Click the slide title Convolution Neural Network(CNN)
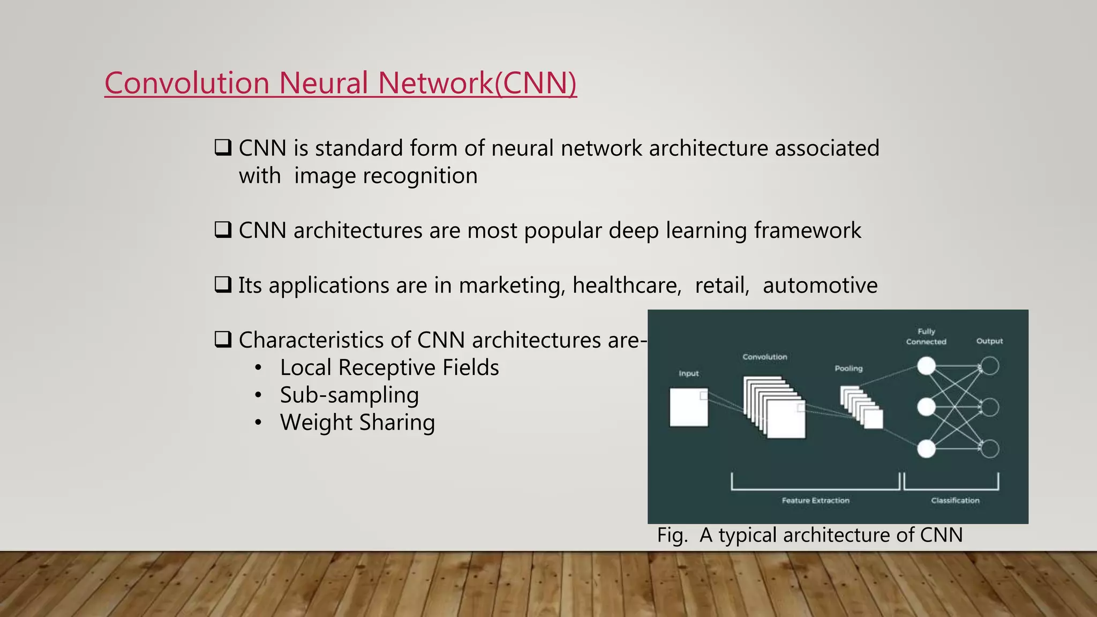point(340,84)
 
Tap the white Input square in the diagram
point(688,407)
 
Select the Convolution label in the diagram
point(764,357)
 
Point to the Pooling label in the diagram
point(848,368)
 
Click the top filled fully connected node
point(926,366)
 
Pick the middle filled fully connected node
point(926,407)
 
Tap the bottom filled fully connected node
point(926,449)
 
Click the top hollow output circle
point(990,366)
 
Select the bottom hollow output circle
point(990,449)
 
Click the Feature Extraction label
point(815,500)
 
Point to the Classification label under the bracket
point(955,500)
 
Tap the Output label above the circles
point(989,341)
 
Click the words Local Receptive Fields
point(389,368)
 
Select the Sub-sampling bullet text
point(349,395)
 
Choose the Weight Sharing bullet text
point(357,423)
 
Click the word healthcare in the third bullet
point(626,285)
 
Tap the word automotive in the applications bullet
point(820,285)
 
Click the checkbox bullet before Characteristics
point(223,339)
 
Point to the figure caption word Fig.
point(672,535)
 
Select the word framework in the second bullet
point(807,231)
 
